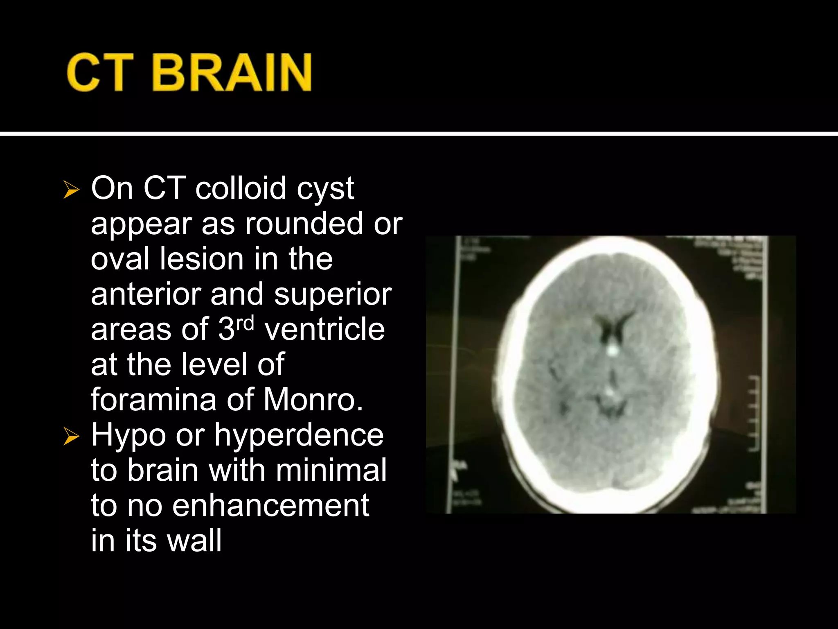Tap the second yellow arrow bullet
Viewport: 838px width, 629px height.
tap(71, 437)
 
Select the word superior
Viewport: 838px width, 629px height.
tap(333, 295)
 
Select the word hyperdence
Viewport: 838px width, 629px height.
tap(299, 436)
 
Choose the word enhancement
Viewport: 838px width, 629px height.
tap(270, 506)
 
